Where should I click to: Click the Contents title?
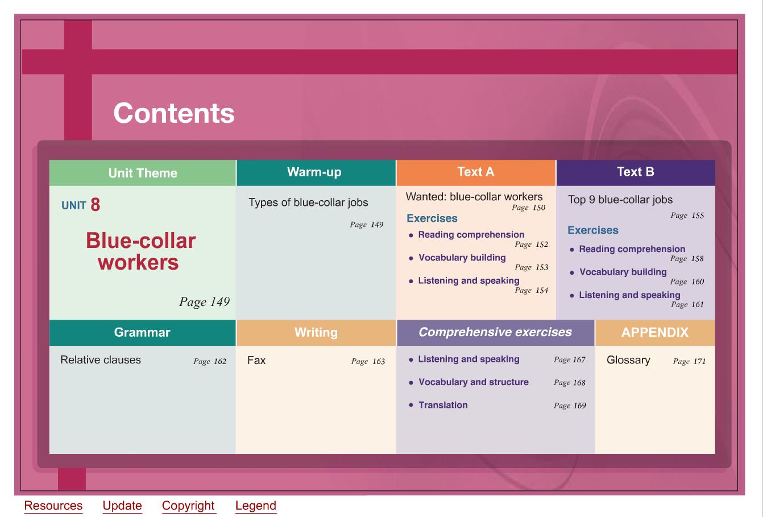(174, 113)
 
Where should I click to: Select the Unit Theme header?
(143, 173)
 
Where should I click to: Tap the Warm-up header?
(314, 172)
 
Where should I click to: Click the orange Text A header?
(475, 172)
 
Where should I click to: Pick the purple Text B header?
(636, 172)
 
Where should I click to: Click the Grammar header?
(142, 332)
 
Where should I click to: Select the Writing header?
(316, 332)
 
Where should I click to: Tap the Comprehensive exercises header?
(495, 332)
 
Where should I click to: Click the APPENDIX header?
(655, 332)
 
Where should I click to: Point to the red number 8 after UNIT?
(96, 205)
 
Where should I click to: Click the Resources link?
(53, 506)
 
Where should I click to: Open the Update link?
(122, 506)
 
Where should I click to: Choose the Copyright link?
(188, 506)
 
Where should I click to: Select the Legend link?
(256, 506)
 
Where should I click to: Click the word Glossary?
(628, 360)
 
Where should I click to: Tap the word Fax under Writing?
(256, 360)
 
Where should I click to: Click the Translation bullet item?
(443, 405)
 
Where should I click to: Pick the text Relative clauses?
(101, 360)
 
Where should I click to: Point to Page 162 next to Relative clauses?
(210, 361)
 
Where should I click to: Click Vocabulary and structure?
(474, 382)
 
